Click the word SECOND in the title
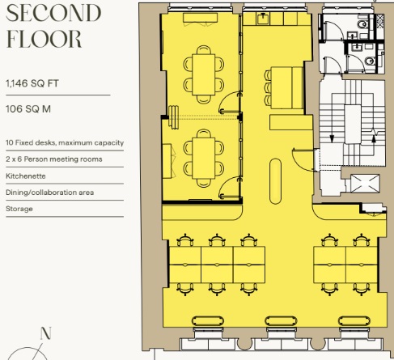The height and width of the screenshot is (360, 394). point(53,13)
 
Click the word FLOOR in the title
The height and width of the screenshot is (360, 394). point(44,39)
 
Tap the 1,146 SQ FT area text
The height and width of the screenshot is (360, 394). point(32,83)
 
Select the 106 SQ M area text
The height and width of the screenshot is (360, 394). point(28,109)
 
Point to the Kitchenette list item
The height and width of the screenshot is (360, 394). point(26,176)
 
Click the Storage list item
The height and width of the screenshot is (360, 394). point(19,209)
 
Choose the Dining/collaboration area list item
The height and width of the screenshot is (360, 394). point(50,193)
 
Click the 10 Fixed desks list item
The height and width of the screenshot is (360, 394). point(65,142)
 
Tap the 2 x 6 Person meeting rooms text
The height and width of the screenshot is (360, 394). point(54,159)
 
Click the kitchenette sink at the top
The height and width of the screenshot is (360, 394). point(263,19)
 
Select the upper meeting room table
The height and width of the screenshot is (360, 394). point(204,74)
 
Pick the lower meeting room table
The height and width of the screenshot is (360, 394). point(204,159)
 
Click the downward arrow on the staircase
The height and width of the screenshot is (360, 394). point(332,138)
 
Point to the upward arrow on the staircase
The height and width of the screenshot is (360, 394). point(374,138)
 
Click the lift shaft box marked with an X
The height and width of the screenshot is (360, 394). point(365,184)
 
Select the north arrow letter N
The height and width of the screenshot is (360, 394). point(45,333)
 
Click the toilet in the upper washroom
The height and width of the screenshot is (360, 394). point(363,25)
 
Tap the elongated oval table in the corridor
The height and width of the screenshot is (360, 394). point(275,181)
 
